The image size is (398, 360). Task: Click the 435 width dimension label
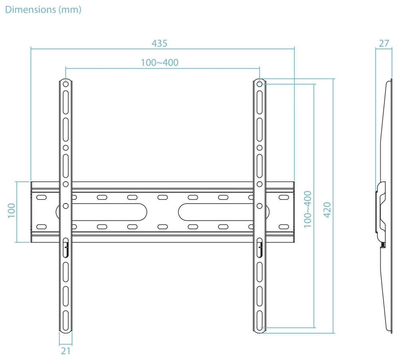pyautogui.click(x=159, y=44)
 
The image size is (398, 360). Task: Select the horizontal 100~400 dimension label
pyautogui.click(x=159, y=62)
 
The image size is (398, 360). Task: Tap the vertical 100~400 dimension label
pyautogui.click(x=307, y=209)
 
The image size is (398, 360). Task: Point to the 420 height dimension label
pyautogui.click(x=327, y=210)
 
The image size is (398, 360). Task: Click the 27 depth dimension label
pyautogui.click(x=384, y=44)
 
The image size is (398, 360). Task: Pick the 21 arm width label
pyautogui.click(x=66, y=351)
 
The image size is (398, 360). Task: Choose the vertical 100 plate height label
pyautogui.click(x=12, y=211)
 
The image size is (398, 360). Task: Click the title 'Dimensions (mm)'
pyautogui.click(x=43, y=10)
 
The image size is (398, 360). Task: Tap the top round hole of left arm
pyautogui.click(x=66, y=84)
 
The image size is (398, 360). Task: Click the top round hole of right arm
pyautogui.click(x=259, y=84)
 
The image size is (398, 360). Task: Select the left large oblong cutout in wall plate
pyautogui.click(x=101, y=212)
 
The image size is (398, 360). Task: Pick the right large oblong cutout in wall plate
pyautogui.click(x=224, y=212)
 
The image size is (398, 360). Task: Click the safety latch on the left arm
pyautogui.click(x=66, y=248)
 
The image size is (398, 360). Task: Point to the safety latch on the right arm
pyautogui.click(x=259, y=248)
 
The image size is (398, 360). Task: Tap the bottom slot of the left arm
pyautogui.click(x=66, y=320)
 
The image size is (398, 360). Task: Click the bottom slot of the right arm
pyautogui.click(x=259, y=320)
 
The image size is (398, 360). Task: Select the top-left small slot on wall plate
pyautogui.click(x=42, y=197)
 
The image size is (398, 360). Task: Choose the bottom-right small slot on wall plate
pyautogui.click(x=284, y=227)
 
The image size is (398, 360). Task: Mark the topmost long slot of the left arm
pyautogui.click(x=66, y=102)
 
